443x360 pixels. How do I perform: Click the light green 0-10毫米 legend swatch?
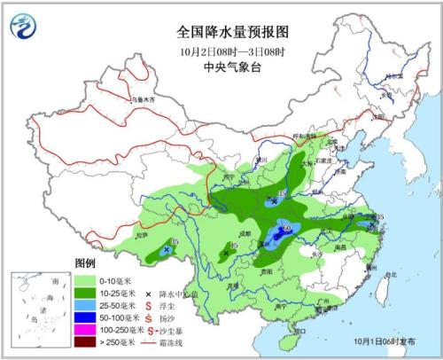pos(87,279)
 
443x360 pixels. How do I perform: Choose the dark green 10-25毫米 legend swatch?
pos(87,292)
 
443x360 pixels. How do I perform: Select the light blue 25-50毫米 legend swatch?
pos(87,304)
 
